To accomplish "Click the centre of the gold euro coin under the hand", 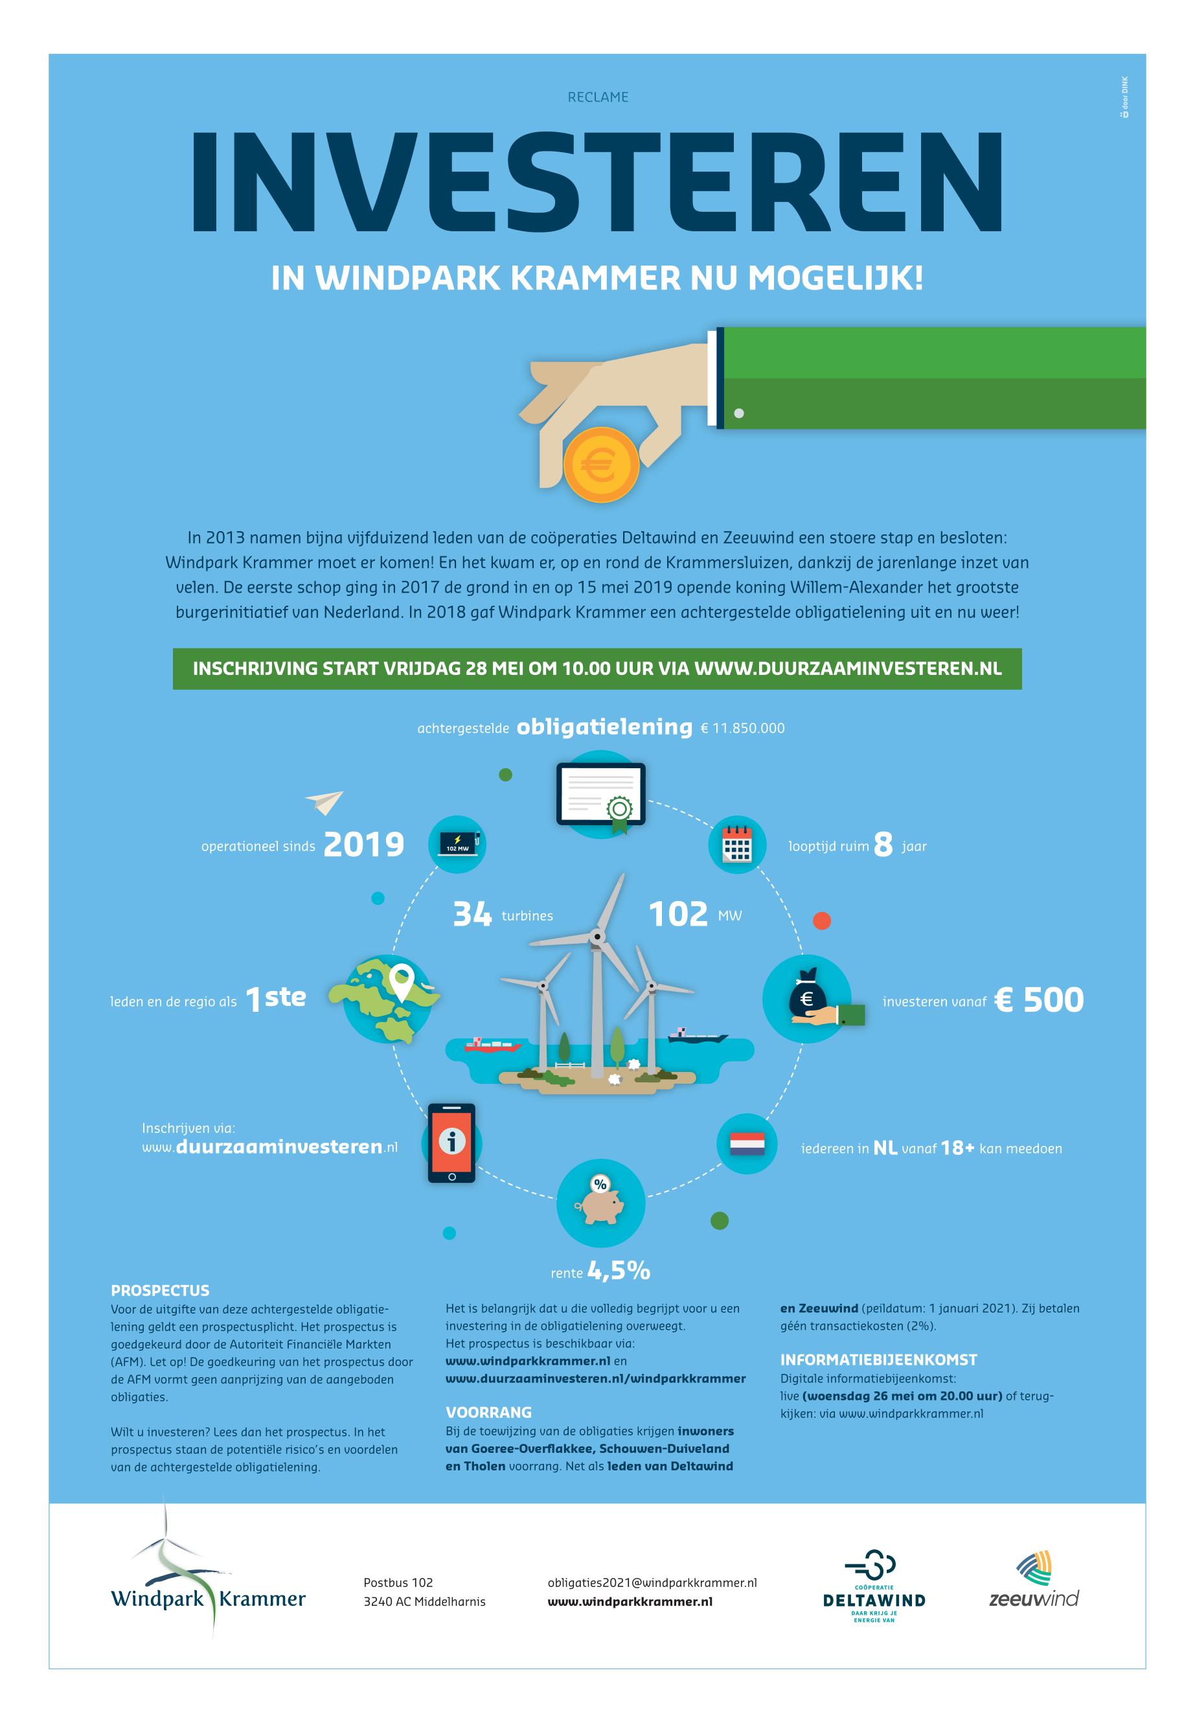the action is (601, 466).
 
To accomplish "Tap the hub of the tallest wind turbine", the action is (597, 935).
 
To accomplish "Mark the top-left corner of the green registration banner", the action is (173, 648).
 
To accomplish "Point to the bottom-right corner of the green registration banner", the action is (1022, 689).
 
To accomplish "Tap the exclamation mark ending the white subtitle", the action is (918, 279).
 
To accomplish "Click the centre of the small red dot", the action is (821, 920).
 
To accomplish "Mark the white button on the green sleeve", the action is (739, 413).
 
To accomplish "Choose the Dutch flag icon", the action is (747, 1144).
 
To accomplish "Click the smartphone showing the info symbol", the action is (451, 1143).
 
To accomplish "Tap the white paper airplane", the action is (324, 802).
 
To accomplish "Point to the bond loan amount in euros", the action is (743, 728).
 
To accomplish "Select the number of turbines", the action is (472, 915).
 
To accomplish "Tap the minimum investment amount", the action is (1040, 1000).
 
